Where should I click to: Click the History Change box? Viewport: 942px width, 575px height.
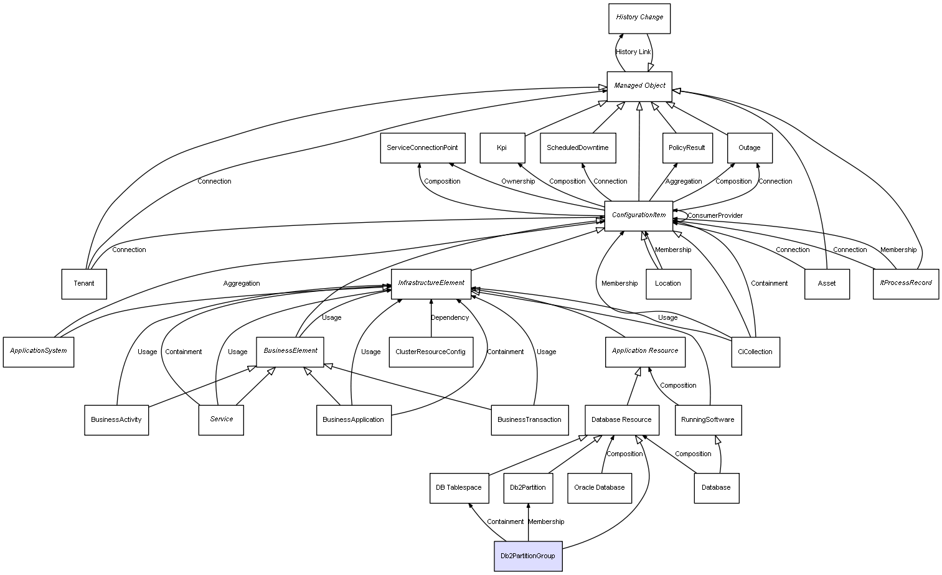tap(639, 18)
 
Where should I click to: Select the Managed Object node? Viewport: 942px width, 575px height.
tap(639, 86)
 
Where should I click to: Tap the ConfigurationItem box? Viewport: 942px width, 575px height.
tap(639, 215)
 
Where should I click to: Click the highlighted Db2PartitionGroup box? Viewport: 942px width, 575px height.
tap(528, 556)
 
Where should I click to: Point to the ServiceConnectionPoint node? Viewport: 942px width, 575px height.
tap(422, 148)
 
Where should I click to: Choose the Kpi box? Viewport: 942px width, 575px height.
tap(502, 148)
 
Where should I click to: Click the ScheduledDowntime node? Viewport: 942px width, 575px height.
tap(578, 148)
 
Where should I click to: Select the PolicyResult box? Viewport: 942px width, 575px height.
tap(687, 148)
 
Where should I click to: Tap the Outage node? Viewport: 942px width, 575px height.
tap(750, 148)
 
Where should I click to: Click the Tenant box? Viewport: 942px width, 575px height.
tap(84, 284)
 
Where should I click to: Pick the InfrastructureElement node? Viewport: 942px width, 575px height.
tap(431, 283)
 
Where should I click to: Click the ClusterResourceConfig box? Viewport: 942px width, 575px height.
tap(430, 352)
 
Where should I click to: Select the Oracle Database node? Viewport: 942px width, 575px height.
tap(600, 487)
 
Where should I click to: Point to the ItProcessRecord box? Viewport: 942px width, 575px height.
tap(905, 283)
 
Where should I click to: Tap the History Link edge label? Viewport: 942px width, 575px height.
tap(633, 52)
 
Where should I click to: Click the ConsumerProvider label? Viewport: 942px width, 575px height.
tap(715, 216)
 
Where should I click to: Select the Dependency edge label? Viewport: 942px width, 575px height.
tap(450, 318)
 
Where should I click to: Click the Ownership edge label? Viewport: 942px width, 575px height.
tap(518, 182)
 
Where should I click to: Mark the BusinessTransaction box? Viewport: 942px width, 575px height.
tap(529, 419)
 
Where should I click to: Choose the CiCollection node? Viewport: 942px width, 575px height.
tap(755, 352)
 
